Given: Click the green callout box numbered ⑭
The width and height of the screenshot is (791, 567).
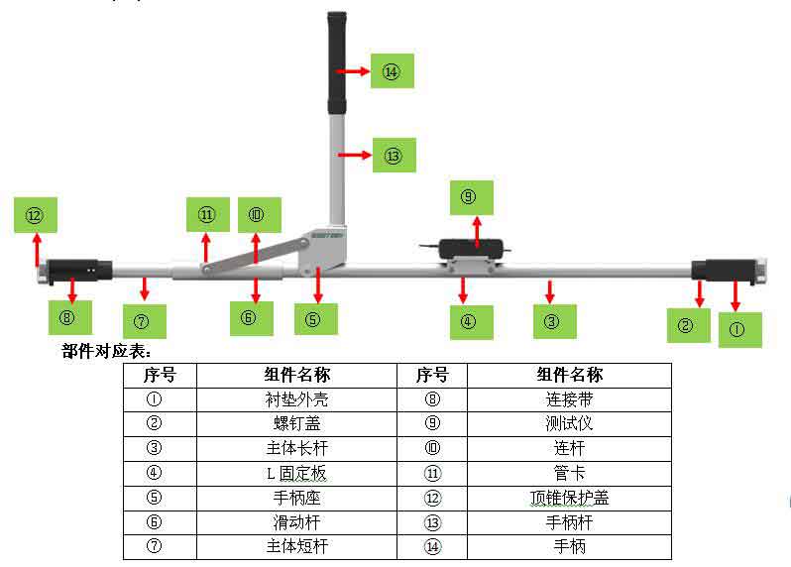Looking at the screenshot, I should (x=392, y=71).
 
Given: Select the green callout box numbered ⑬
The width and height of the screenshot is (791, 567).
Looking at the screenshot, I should (x=394, y=156).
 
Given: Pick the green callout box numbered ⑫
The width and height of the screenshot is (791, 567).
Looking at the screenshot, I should (x=36, y=215).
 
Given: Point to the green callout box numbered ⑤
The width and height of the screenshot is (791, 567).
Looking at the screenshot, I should (x=315, y=319).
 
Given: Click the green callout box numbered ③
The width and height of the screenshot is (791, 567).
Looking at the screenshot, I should (x=554, y=321).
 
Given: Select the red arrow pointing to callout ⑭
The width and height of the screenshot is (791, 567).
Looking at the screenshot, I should (x=353, y=71).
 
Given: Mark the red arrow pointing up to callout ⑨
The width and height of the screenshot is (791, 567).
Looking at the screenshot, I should (x=476, y=231).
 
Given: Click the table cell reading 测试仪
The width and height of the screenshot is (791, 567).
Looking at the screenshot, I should (x=569, y=423).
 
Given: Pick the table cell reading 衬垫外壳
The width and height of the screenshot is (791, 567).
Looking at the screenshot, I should (x=296, y=399).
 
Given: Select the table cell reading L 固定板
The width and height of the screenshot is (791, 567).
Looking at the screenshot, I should (x=296, y=473).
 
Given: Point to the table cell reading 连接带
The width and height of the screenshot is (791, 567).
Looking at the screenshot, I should (x=569, y=399).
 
